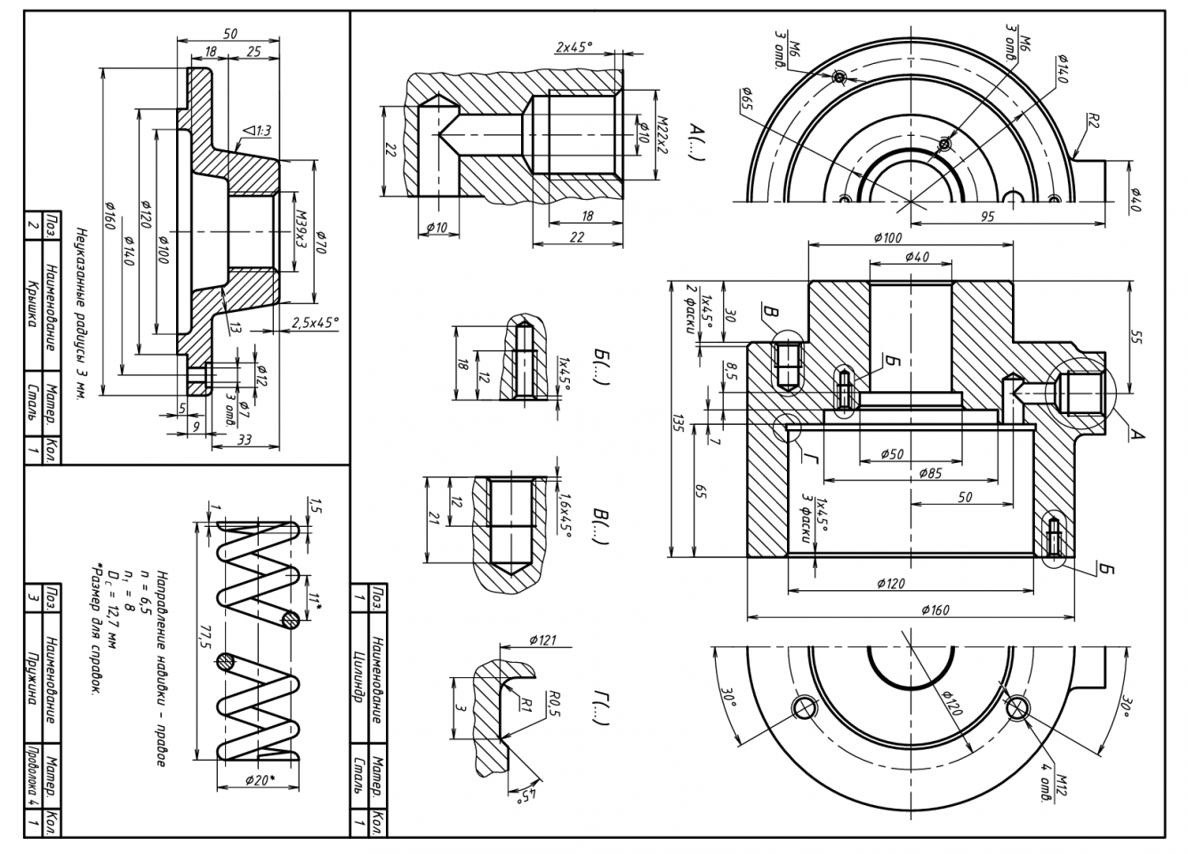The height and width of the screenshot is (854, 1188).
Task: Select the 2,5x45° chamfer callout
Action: pyautogui.click(x=315, y=323)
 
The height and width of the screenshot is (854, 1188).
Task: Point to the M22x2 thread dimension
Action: pyautogui.click(x=662, y=133)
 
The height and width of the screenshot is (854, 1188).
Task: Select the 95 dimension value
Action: pyautogui.click(x=988, y=217)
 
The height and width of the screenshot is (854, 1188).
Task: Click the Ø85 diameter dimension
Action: pyautogui.click(x=930, y=473)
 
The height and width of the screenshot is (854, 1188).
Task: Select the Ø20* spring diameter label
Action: pyautogui.click(x=259, y=780)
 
